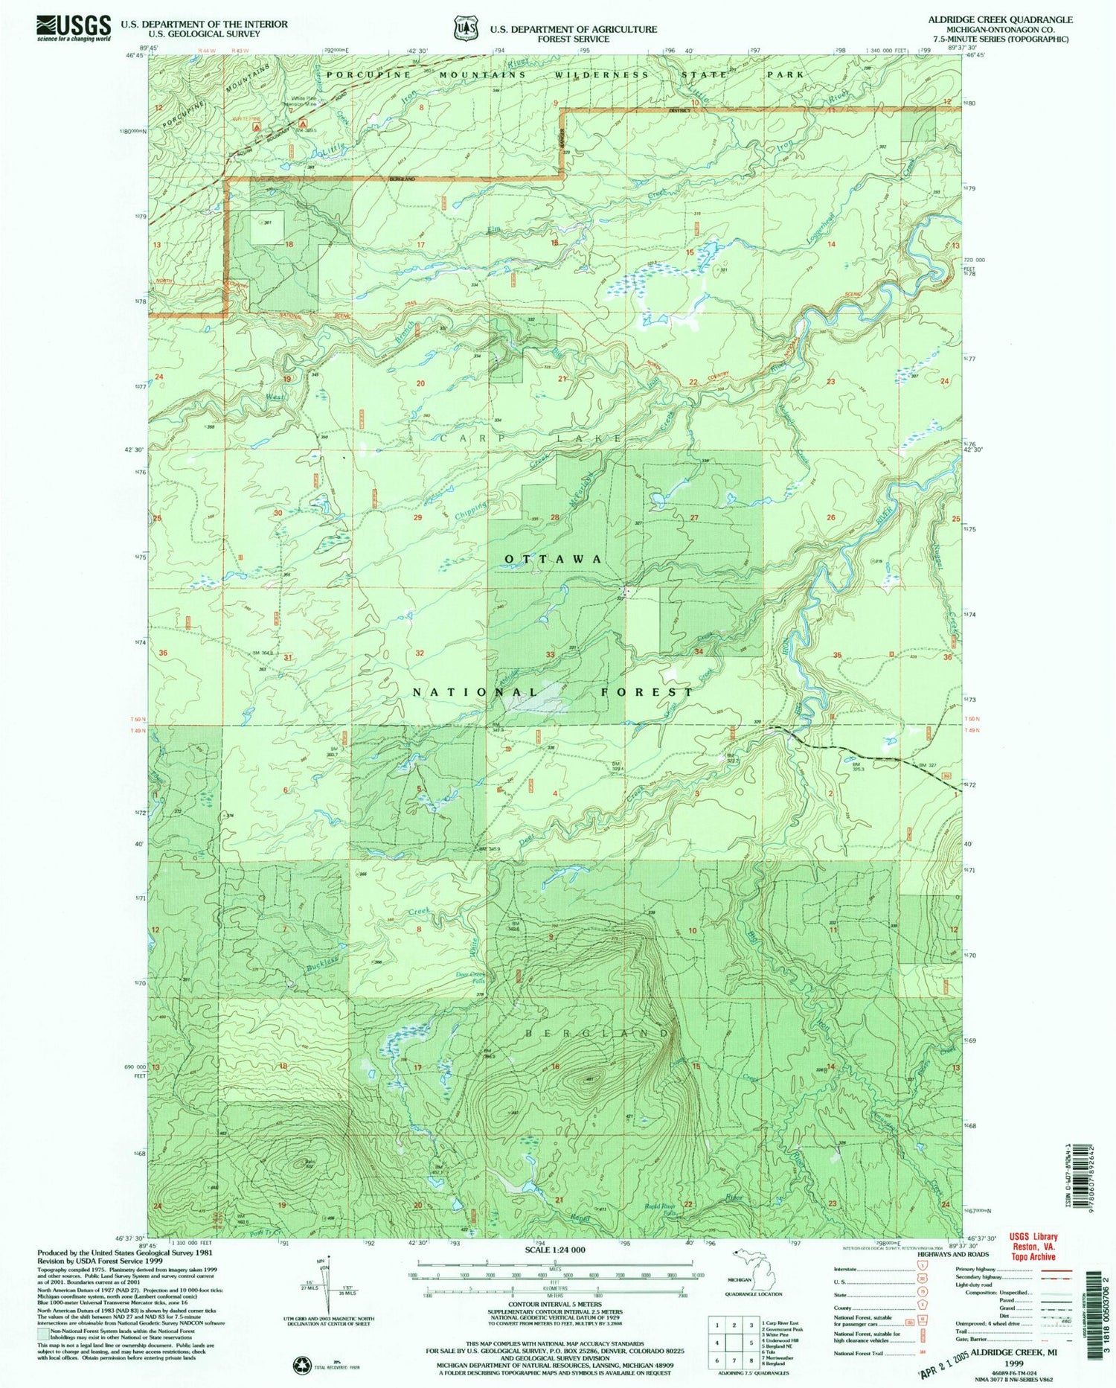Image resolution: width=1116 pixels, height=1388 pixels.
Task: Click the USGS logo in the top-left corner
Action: point(74,28)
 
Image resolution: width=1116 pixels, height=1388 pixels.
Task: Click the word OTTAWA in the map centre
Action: point(554,558)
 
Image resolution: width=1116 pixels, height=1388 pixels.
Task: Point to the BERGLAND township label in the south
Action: point(599,1034)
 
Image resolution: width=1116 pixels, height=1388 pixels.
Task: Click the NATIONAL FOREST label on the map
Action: point(552,691)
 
